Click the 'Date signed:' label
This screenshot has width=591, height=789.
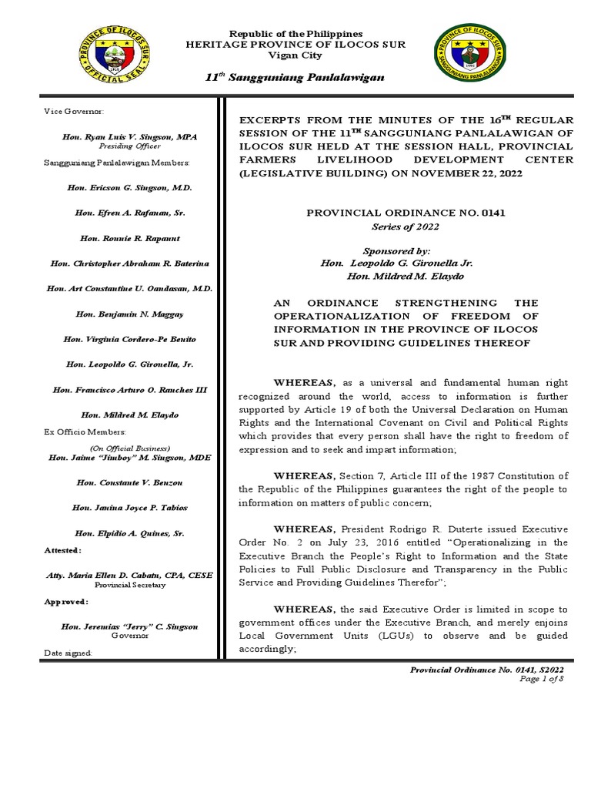click(68, 653)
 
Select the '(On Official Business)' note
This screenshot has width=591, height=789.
click(129, 448)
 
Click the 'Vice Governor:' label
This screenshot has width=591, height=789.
click(68, 112)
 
